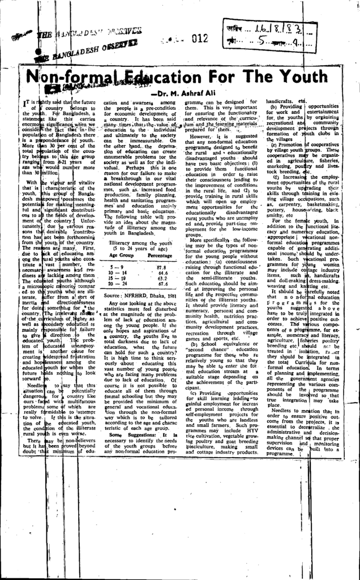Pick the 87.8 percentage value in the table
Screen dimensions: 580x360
(161, 267)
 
